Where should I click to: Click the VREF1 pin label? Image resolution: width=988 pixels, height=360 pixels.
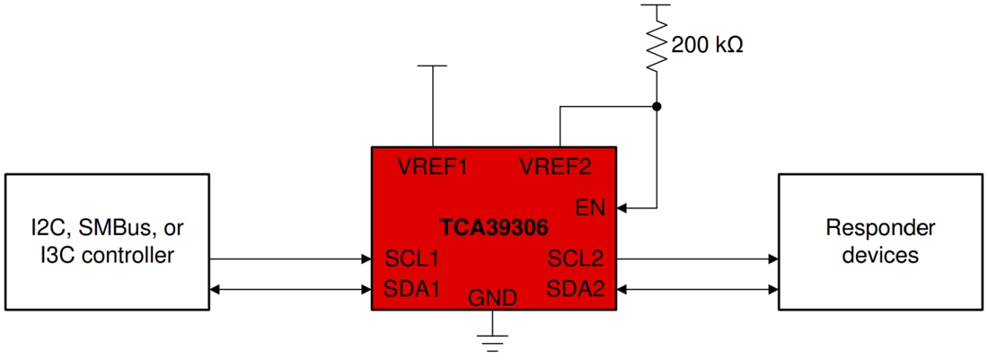pyautogui.click(x=433, y=167)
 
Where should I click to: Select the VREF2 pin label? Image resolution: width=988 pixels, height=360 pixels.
pyautogui.click(x=556, y=167)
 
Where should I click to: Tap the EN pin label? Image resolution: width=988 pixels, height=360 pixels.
pyautogui.click(x=591, y=207)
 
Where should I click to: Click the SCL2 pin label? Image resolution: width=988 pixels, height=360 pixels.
pyautogui.click(x=576, y=259)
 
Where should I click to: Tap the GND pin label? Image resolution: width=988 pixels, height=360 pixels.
pyautogui.click(x=493, y=298)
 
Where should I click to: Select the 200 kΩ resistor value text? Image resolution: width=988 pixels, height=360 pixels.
pyautogui.click(x=707, y=44)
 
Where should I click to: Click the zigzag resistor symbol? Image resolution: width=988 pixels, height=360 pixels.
pyautogui.click(x=657, y=48)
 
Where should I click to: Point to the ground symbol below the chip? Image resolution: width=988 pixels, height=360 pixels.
pyautogui.click(x=493, y=340)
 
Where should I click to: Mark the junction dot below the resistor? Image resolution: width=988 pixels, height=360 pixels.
pyautogui.click(x=657, y=106)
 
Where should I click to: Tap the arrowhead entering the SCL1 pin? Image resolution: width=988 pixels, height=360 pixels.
pyautogui.click(x=366, y=259)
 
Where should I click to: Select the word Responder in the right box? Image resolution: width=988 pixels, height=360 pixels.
pyautogui.click(x=868, y=228)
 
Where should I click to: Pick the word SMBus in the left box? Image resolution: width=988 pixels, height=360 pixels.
pyautogui.click(x=108, y=227)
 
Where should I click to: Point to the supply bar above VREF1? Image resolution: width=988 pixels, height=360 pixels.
pyautogui.click(x=433, y=66)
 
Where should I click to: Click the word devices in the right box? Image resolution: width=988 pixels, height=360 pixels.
pyautogui.click(x=868, y=255)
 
